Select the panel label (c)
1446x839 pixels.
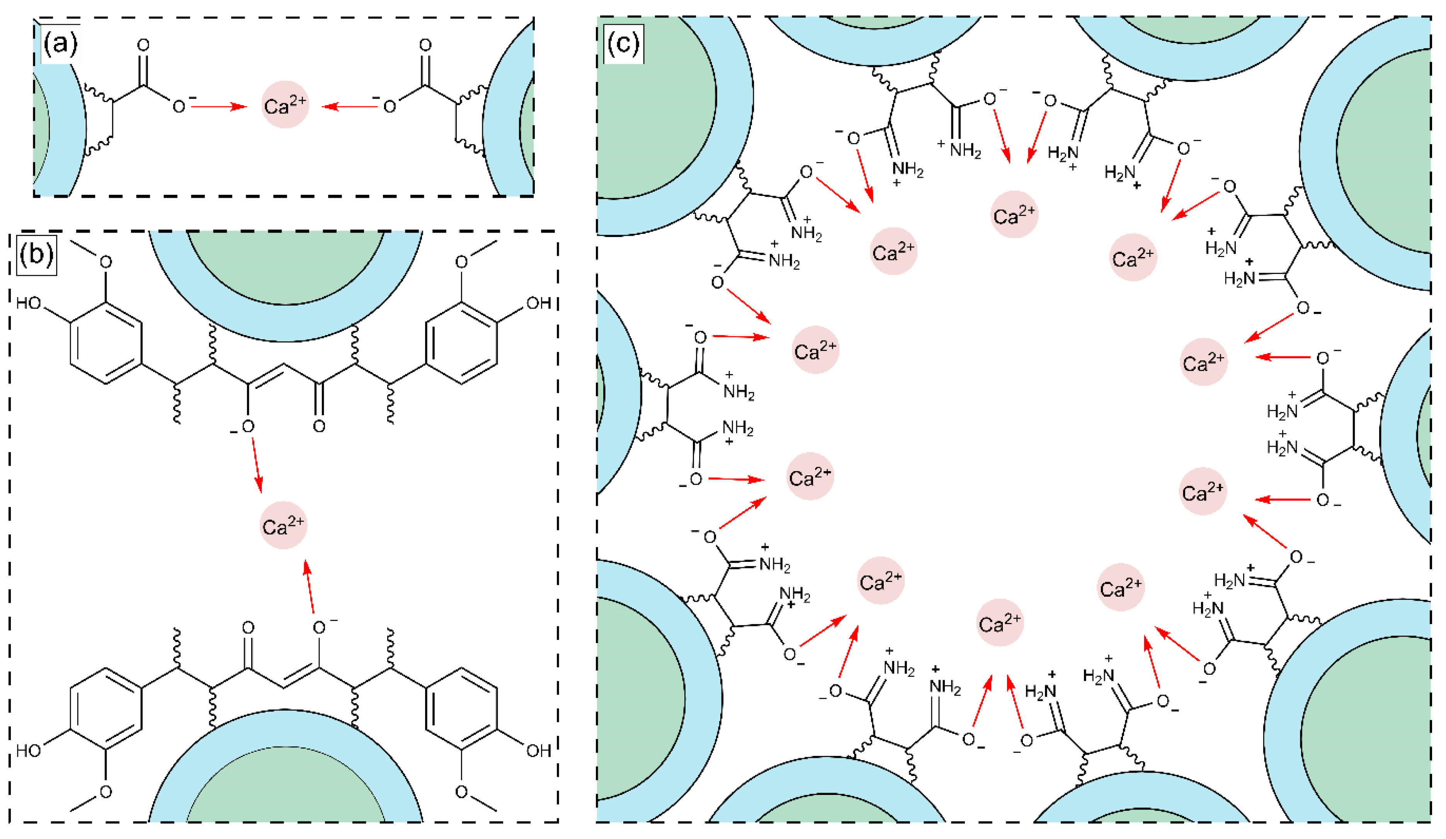pyautogui.click(x=623, y=44)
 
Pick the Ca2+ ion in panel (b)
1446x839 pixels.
pyautogui.click(x=283, y=526)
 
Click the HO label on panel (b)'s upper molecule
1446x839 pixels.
pyautogui.click(x=29, y=303)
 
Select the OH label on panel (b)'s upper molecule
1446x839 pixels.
pyautogui.click(x=538, y=303)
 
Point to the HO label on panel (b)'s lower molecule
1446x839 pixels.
pyautogui.click(x=29, y=750)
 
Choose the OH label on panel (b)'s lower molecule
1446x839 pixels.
pyautogui.click(x=538, y=750)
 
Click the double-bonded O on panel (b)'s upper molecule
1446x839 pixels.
pyautogui.click(x=319, y=426)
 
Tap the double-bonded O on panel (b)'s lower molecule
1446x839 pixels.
pyautogui.click(x=248, y=627)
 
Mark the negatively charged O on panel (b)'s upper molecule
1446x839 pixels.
pyautogui.click(x=247, y=426)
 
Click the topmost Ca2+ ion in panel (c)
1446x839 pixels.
pyautogui.click(x=1014, y=214)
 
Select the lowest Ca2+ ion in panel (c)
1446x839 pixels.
pyautogui.click(x=1000, y=623)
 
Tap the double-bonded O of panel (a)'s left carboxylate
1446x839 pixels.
pyautogui.click(x=143, y=45)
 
